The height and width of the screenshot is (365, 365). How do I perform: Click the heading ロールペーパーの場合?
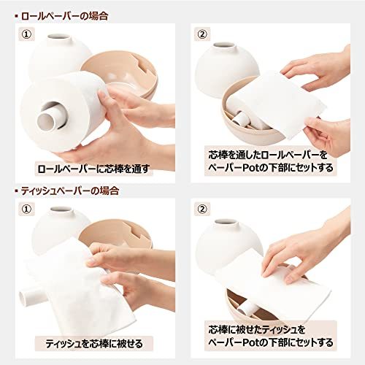[65, 16]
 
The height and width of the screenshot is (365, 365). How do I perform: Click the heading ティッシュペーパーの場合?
[70, 191]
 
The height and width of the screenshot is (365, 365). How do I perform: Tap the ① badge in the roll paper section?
[27, 34]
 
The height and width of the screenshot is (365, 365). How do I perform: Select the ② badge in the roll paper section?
[202, 34]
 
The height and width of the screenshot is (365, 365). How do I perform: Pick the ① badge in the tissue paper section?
[27, 209]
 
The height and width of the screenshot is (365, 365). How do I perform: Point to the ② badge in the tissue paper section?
[202, 209]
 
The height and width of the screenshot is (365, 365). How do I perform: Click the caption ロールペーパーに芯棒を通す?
[93, 169]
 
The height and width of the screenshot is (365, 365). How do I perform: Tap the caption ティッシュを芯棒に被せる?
[94, 344]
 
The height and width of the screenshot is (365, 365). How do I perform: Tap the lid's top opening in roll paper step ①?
[58, 37]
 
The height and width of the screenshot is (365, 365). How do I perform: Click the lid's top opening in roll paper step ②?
[224, 46]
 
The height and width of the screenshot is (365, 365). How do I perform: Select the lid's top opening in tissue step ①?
[61, 209]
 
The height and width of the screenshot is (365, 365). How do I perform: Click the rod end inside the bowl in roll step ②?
[239, 119]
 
